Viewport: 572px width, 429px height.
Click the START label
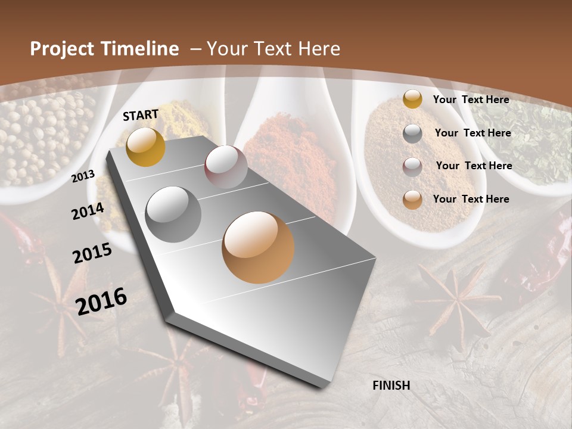[141, 115]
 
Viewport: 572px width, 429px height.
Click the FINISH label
[391, 386]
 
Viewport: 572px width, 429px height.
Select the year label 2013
[83, 176]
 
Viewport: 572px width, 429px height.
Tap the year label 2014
[88, 211]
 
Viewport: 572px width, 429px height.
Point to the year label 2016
[101, 301]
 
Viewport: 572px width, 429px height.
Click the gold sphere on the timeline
[146, 147]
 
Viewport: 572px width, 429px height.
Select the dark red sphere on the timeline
[226, 167]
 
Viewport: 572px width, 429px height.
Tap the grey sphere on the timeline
[173, 214]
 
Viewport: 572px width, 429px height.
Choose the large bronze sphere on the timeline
[258, 247]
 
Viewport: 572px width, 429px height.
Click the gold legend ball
[412, 100]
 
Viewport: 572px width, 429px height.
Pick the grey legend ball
[412, 133]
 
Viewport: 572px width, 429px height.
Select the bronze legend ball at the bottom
[412, 200]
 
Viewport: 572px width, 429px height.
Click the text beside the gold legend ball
[471, 100]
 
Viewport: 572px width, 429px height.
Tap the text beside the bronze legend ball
[471, 199]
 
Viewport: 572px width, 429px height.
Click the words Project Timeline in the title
[104, 49]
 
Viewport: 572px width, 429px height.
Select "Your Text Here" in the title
[273, 49]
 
